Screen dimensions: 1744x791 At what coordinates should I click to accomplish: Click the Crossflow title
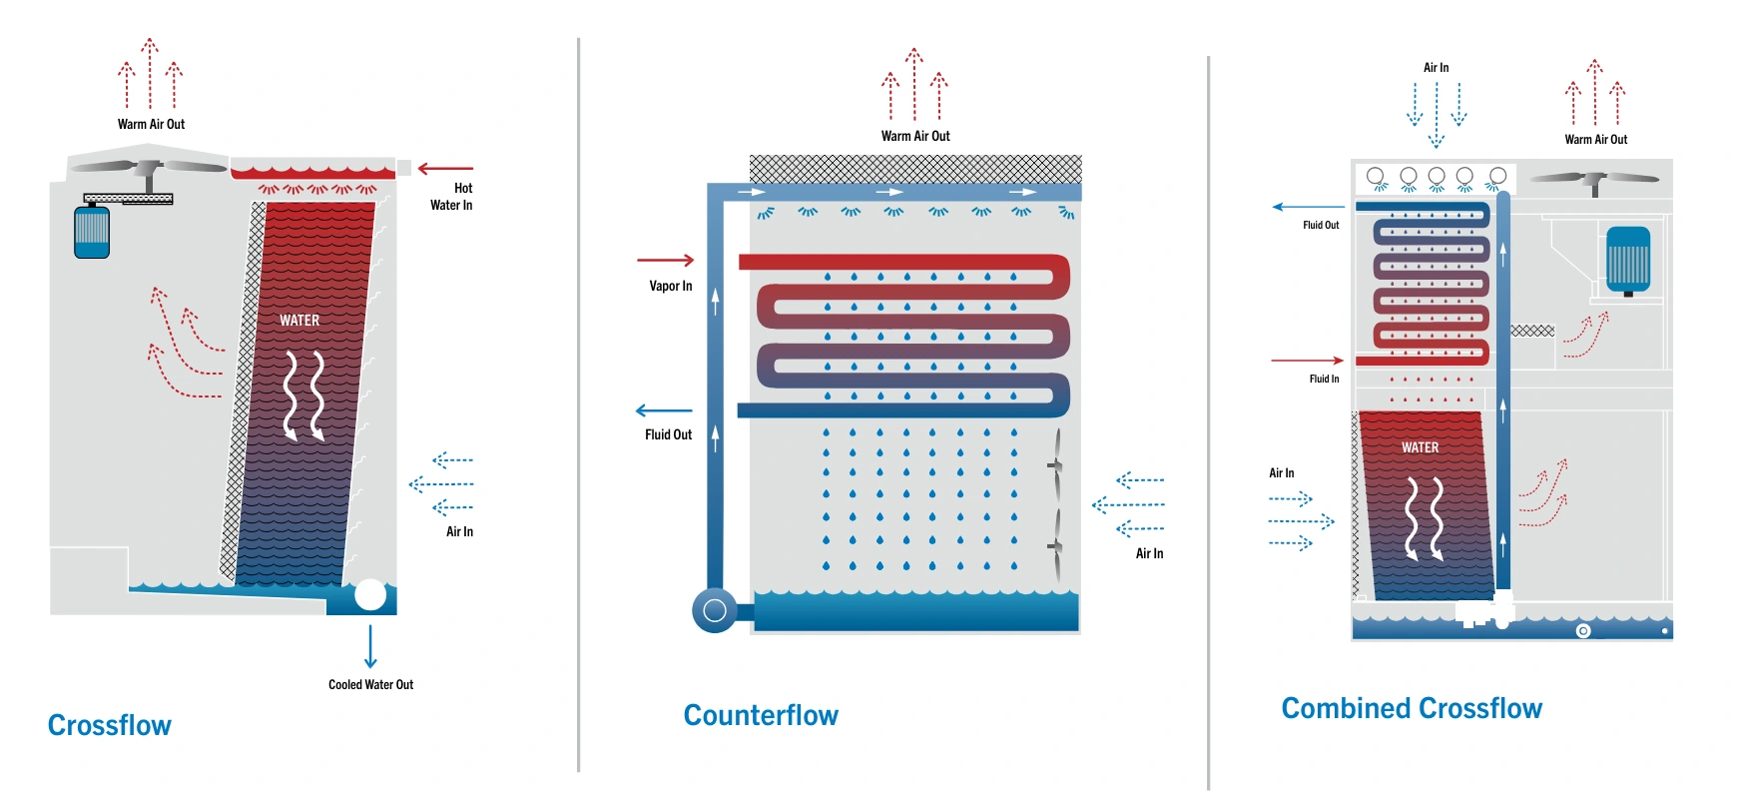(110, 725)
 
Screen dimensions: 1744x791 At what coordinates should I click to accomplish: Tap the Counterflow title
(761, 715)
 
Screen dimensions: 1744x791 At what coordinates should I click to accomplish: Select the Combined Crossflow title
(1412, 708)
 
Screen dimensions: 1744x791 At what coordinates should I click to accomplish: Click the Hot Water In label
(451, 196)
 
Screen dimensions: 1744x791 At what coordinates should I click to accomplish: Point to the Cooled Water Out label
(370, 684)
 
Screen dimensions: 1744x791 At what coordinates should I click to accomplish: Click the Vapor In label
(671, 286)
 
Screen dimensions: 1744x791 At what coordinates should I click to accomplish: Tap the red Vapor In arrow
(666, 261)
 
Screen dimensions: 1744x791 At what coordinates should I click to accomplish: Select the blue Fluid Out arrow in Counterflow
(664, 410)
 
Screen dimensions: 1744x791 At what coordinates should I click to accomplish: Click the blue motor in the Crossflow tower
(92, 231)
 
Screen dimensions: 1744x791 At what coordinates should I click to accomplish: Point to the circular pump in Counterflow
(715, 610)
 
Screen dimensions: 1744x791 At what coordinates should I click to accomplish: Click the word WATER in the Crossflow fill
(299, 321)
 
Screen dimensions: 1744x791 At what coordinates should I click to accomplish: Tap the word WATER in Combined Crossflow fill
(1420, 447)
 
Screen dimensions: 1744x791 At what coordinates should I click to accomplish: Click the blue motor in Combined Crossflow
(1628, 261)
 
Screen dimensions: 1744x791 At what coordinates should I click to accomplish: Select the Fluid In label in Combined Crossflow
(1324, 379)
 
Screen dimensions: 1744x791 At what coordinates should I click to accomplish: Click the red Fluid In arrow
(1308, 360)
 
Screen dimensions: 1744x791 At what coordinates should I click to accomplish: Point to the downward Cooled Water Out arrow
(370, 646)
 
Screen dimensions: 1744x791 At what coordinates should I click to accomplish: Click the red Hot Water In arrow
(445, 169)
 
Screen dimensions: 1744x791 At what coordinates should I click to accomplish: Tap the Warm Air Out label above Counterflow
(915, 136)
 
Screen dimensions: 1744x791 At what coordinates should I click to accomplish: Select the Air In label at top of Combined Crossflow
(1436, 67)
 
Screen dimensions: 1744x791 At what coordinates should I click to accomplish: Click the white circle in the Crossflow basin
(370, 595)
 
